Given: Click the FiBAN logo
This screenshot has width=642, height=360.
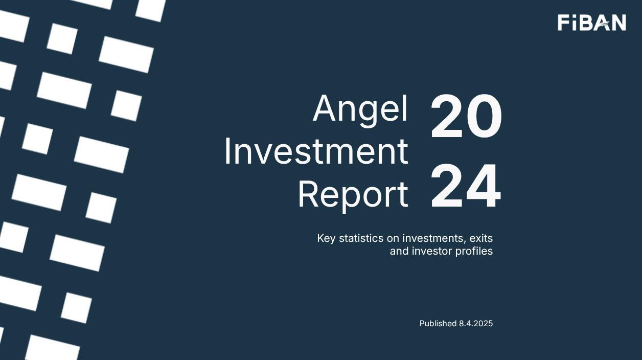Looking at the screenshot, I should click(x=591, y=22).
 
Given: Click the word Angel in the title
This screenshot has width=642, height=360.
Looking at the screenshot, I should click(x=360, y=109).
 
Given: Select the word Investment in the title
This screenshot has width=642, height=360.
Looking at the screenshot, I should click(x=316, y=152).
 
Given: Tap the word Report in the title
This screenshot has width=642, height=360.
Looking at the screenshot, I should click(x=353, y=195).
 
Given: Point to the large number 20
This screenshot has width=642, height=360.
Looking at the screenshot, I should click(x=466, y=117).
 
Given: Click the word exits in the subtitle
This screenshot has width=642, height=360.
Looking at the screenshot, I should click(x=481, y=238).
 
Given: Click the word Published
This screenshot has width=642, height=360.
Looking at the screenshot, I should click(x=438, y=323).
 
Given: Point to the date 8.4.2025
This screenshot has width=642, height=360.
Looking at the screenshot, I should click(x=476, y=323).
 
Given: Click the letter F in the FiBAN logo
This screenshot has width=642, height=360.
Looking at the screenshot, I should click(x=563, y=23).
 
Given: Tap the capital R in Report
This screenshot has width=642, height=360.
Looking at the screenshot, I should click(x=309, y=195).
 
